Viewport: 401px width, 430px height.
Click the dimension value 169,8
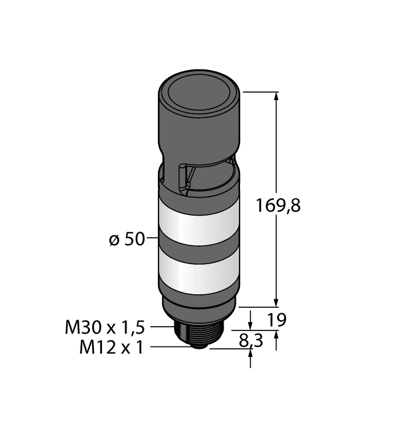pos(278,205)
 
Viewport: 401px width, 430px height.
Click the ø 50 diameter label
pos(127,239)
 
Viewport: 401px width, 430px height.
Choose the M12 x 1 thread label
pos(111,348)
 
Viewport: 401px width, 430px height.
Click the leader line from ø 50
pos(152,238)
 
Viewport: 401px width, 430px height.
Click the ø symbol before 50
pos(113,240)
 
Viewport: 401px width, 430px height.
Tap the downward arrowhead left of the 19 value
pos(251,324)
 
